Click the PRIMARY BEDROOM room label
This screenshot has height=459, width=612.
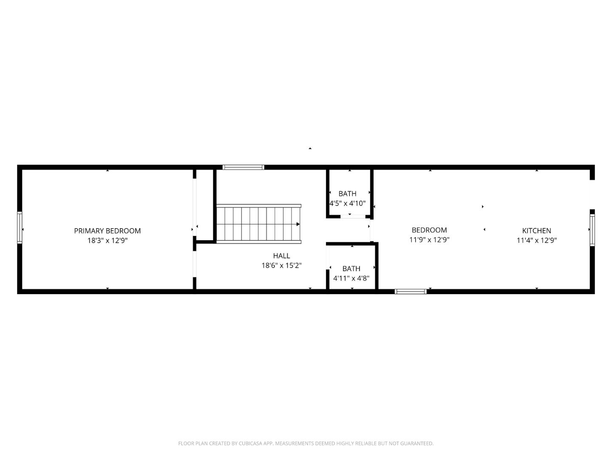(107, 231)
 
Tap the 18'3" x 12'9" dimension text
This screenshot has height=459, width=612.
(107, 241)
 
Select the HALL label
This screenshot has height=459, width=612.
(281, 256)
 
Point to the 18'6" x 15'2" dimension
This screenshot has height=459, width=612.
(281, 266)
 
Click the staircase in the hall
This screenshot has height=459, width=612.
(258, 224)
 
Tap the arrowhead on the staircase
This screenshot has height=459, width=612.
(298, 224)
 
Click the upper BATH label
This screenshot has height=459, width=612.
(347, 194)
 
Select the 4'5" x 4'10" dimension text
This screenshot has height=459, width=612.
(347, 203)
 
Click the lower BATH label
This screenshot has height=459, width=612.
(351, 269)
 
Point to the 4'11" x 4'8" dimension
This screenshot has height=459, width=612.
(351, 278)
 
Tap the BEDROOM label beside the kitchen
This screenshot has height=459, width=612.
(429, 230)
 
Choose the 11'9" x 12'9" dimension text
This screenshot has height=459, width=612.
(429, 240)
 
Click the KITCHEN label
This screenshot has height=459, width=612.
(536, 231)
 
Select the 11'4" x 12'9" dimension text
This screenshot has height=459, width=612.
(536, 240)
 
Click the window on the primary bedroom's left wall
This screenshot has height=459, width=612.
(20, 227)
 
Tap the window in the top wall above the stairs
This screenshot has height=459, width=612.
(244, 167)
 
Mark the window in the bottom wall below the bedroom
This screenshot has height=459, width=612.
(411, 292)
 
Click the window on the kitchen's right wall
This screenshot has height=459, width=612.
(592, 229)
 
